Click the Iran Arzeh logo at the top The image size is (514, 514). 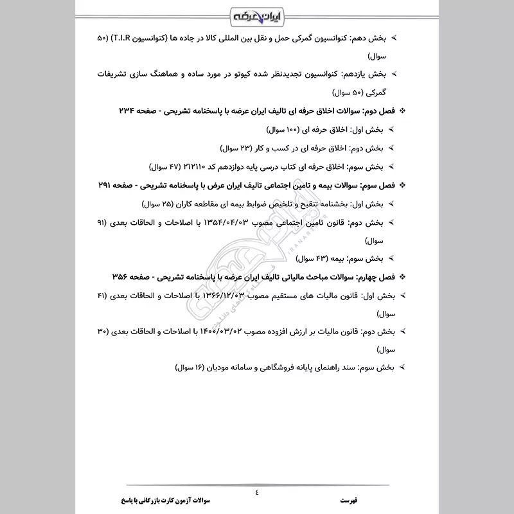pyautogui.click(x=257, y=15)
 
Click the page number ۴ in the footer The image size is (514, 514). pyautogui.click(x=257, y=493)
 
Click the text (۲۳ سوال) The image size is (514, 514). pyautogui.click(x=239, y=148)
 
